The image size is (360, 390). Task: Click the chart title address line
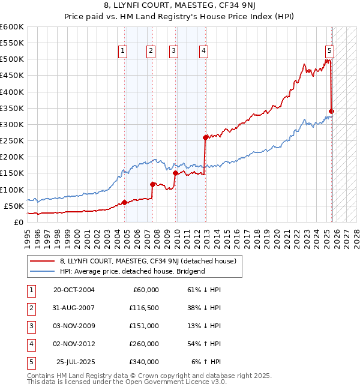[180, 7]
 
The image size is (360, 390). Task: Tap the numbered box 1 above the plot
[122, 51]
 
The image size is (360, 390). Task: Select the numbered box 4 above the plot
[204, 51]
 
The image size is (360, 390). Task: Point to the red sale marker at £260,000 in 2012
[206, 137]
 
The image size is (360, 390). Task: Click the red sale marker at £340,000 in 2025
[332, 111]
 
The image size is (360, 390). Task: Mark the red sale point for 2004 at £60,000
[124, 202]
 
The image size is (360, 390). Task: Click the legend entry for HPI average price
[132, 271]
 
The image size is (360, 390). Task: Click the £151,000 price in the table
[145, 326]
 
